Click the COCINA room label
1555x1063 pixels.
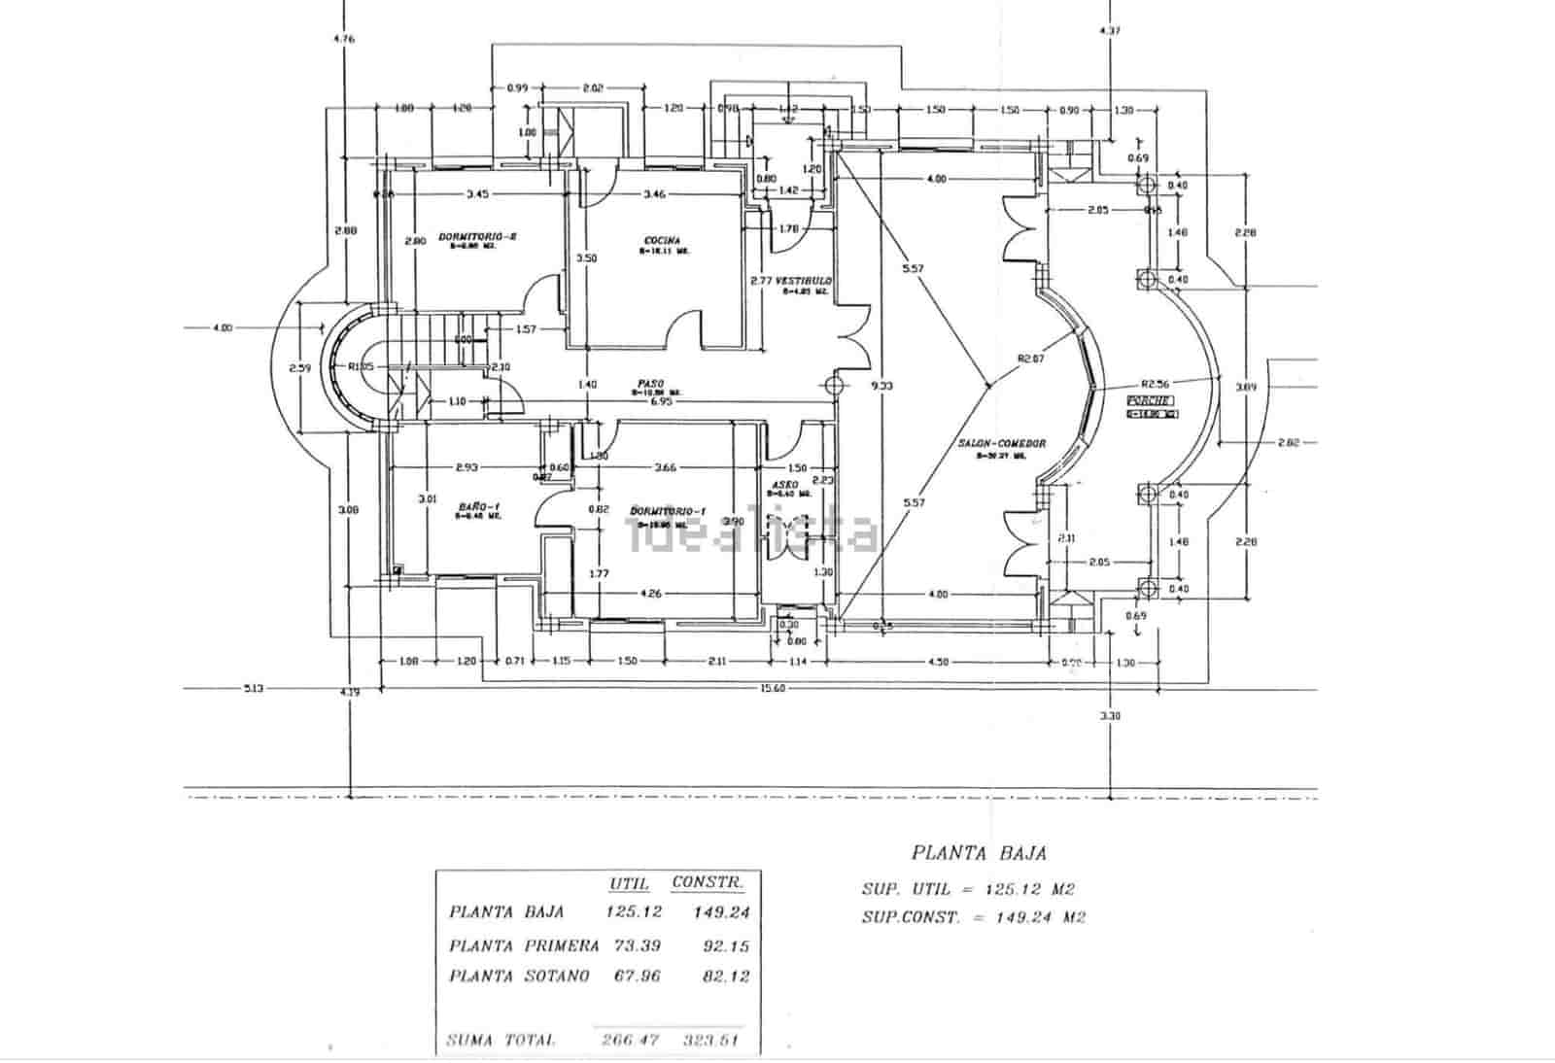[662, 240]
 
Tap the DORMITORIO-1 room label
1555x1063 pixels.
[668, 511]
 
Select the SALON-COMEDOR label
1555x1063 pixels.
[1002, 443]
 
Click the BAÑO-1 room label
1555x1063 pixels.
[478, 506]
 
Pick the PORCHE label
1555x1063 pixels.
[1150, 401]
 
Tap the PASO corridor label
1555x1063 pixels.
[651, 383]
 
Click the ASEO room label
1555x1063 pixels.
[784, 484]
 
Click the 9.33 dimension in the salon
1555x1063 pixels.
[882, 386]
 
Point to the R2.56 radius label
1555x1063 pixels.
[1156, 383]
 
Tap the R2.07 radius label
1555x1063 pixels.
[1029, 359]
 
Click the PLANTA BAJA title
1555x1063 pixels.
[979, 853]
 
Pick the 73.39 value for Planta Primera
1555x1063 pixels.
[636, 945]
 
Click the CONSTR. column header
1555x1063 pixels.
[708, 883]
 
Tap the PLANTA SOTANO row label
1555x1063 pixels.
[519, 976]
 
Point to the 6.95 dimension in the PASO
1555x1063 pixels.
[661, 401]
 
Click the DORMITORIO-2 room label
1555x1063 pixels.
[477, 236]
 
